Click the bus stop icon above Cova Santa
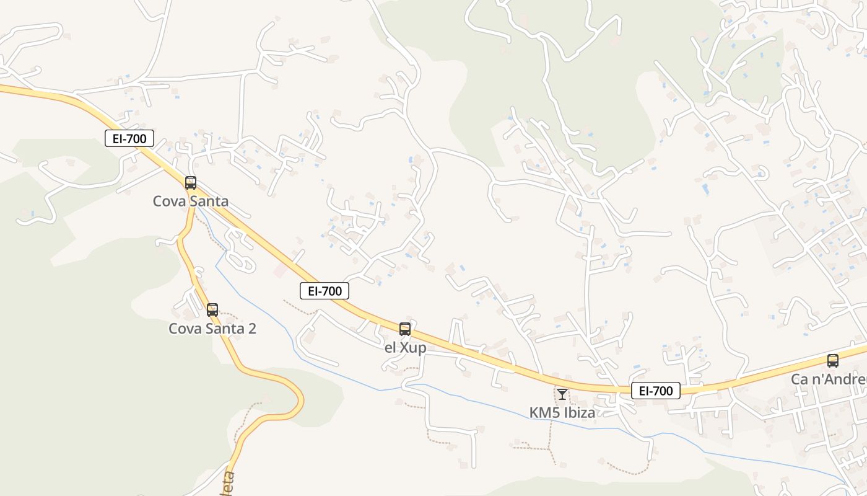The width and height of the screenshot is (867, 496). point(191,183)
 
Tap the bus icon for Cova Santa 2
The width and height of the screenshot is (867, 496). point(212,310)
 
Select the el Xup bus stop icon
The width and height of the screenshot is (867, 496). point(405,329)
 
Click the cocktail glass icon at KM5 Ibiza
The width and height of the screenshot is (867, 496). point(562,394)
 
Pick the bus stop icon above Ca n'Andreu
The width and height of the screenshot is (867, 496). point(833,361)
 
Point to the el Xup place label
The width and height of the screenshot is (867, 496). point(406,348)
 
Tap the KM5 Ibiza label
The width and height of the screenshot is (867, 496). point(562,412)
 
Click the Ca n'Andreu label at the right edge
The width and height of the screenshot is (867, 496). point(829,379)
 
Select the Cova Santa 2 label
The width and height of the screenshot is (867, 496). point(212,329)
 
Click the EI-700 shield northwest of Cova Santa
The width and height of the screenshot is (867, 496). point(129,138)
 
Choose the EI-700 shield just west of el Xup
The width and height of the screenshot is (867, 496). point(325,291)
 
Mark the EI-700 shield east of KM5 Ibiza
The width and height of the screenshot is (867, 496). point(656,391)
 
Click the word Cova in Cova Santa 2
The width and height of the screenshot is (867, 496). point(184,329)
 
